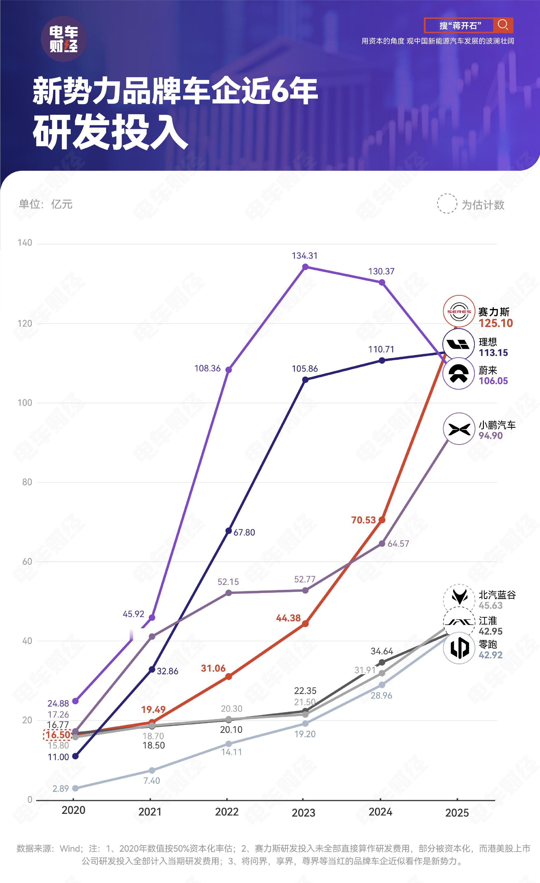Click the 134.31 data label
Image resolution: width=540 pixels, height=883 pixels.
pos(304,255)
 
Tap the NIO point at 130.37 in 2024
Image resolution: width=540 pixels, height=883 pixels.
pos(382,282)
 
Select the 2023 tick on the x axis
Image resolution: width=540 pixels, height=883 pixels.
pos(303,813)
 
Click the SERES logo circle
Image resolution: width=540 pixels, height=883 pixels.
pos(459,311)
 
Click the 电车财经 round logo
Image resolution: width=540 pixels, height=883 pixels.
pos(64,39)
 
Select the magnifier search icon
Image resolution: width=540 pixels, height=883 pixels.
pos(503,25)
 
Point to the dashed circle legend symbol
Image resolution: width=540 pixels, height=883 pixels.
pos(447,204)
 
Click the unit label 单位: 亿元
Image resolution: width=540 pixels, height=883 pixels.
pos(46,204)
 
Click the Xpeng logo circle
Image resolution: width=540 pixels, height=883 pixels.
pos(459,429)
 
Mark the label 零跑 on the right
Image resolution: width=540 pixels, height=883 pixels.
pos(488,644)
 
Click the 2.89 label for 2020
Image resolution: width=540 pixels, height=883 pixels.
pos(60,788)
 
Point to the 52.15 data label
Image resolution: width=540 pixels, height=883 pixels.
pos(228,582)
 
